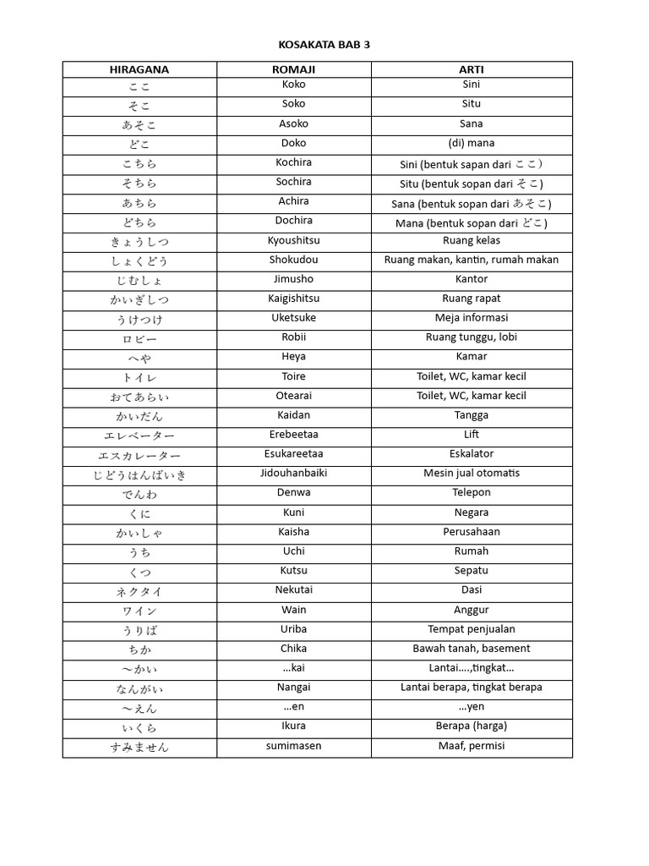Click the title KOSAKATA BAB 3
pyautogui.click(x=324, y=45)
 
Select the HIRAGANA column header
pyautogui.click(x=139, y=69)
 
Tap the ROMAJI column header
pyautogui.click(x=293, y=69)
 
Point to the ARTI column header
pyautogui.click(x=472, y=69)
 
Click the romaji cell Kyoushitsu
pyautogui.click(x=293, y=240)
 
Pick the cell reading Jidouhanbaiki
pyautogui.click(x=293, y=473)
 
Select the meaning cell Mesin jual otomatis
pyautogui.click(x=472, y=473)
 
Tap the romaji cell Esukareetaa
pyautogui.click(x=293, y=453)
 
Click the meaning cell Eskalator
pyautogui.click(x=472, y=453)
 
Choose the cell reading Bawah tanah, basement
pyautogui.click(x=472, y=648)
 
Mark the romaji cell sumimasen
pyautogui.click(x=293, y=746)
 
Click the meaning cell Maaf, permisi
pyautogui.click(x=472, y=746)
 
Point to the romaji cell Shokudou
pyautogui.click(x=293, y=260)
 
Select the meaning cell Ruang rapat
pyautogui.click(x=472, y=298)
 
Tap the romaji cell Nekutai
pyautogui.click(x=293, y=589)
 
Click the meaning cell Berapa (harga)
pyautogui.click(x=472, y=726)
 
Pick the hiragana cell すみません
pyautogui.click(x=139, y=747)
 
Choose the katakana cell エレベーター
pyautogui.click(x=139, y=436)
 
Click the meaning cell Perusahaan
pyautogui.click(x=472, y=531)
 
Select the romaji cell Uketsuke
pyautogui.click(x=293, y=317)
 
